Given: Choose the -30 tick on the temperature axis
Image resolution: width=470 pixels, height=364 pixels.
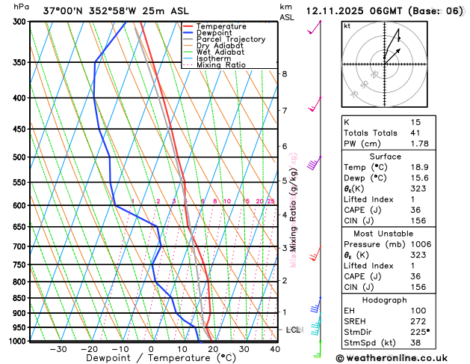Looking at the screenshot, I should click(x=58, y=349).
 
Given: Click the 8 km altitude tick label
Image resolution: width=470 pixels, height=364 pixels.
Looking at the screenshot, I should click(x=285, y=73).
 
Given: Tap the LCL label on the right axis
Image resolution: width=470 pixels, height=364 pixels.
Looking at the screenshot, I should click(x=294, y=330).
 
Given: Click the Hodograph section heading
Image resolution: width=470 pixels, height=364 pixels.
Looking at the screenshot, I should click(x=401, y=300).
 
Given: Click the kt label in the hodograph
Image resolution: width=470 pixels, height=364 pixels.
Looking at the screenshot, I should click(x=347, y=25).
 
